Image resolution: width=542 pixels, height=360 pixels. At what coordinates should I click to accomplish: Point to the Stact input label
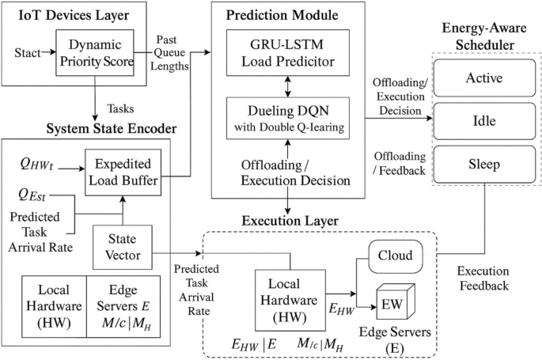(28, 55)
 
